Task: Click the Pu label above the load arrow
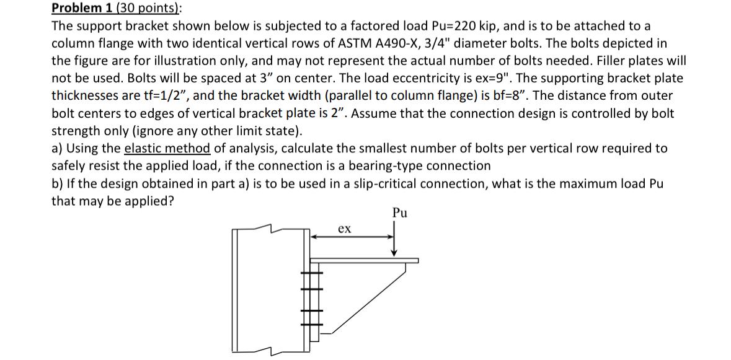click(x=400, y=214)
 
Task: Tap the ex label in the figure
click(x=345, y=229)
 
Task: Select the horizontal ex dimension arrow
click(x=353, y=236)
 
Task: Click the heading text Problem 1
click(x=78, y=8)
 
